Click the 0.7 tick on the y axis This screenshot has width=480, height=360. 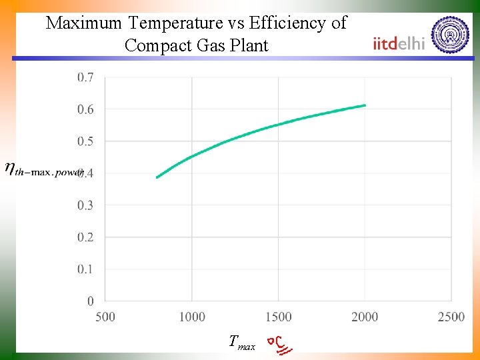[85, 77]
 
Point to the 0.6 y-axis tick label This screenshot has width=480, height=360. [85, 109]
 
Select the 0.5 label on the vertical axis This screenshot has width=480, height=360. [85, 141]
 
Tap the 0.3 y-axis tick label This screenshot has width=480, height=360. [85, 205]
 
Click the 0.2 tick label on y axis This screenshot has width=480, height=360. [85, 237]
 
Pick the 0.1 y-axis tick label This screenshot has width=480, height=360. [85, 269]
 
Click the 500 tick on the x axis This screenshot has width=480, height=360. [105, 317]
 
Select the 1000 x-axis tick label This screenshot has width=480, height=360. [192, 317]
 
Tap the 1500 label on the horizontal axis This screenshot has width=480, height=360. [279, 317]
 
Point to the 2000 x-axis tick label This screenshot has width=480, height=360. [365, 317]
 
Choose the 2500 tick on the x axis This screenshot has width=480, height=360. [451, 317]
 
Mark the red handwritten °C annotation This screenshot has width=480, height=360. [279, 343]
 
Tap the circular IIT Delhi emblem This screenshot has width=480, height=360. [450, 35]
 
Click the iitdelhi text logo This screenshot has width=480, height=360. [399, 43]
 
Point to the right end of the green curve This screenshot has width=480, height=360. [365, 105]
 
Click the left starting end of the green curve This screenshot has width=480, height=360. [157, 177]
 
